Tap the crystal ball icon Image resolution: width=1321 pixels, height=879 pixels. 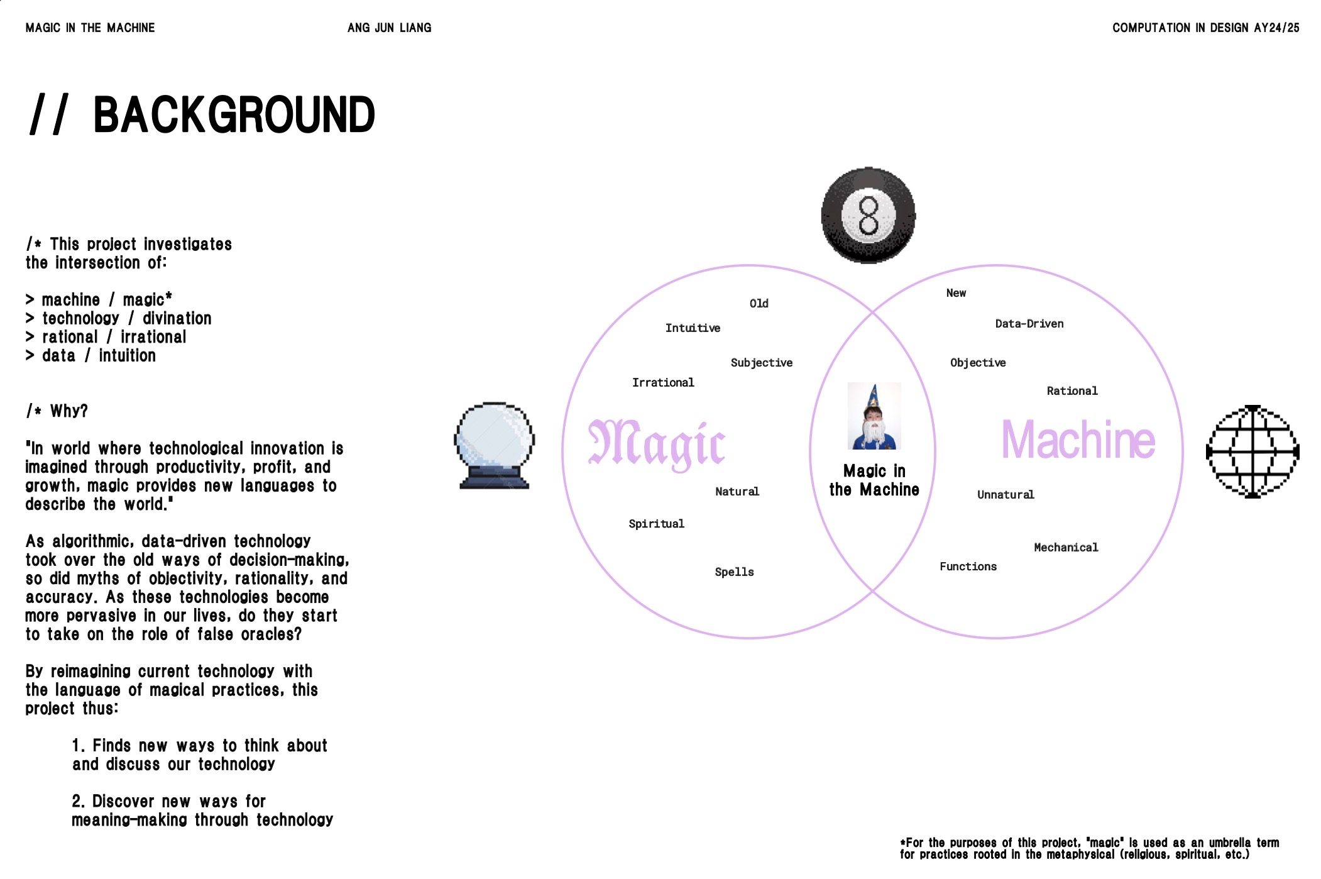(494, 445)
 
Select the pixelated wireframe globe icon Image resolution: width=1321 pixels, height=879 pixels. (1252, 451)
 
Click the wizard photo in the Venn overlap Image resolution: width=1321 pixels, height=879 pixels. (874, 416)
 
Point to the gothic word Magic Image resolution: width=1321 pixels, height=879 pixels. (657, 444)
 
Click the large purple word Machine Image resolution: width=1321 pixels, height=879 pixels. (1078, 440)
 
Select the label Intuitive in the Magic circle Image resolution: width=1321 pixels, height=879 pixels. (693, 328)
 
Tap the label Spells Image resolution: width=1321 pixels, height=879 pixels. (734, 572)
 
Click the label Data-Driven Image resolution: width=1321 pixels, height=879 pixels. (1029, 324)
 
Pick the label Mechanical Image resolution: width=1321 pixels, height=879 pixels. (1066, 548)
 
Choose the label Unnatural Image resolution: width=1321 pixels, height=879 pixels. (1006, 495)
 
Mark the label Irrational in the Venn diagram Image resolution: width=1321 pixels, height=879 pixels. (663, 383)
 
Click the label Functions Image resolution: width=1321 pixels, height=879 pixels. (968, 567)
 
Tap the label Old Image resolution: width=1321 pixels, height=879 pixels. (759, 304)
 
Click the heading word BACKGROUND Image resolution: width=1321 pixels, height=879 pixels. (234, 115)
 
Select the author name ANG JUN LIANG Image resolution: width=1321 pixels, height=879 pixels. (389, 28)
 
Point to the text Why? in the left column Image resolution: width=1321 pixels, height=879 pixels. (69, 411)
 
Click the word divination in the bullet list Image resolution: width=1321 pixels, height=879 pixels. (177, 319)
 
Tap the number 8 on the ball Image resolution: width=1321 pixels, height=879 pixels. (869, 215)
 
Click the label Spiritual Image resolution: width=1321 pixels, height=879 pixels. (656, 524)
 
